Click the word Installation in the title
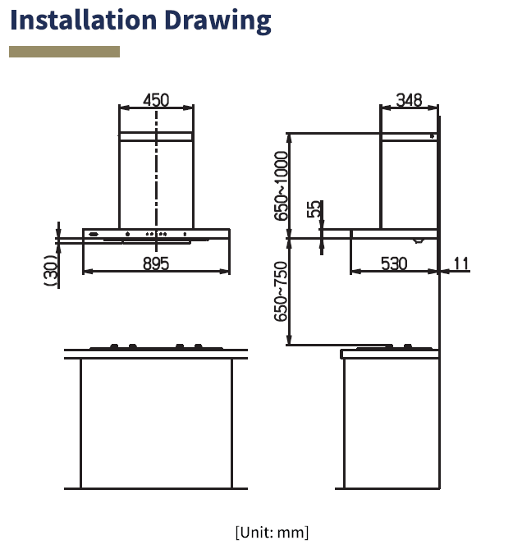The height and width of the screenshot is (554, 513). pyautogui.click(x=84, y=20)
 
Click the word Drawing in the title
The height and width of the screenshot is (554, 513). pyautogui.click(x=218, y=21)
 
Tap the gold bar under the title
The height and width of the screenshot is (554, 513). pyautogui.click(x=64, y=52)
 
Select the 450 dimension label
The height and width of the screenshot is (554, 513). pyautogui.click(x=156, y=100)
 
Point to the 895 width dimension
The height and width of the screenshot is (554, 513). pyautogui.click(x=156, y=263)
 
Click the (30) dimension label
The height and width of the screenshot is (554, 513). pyautogui.click(x=52, y=270)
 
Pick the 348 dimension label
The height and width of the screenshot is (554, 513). pyautogui.click(x=409, y=100)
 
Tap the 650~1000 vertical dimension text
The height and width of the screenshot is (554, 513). pyautogui.click(x=282, y=185)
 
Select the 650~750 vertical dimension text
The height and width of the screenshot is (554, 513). pyautogui.click(x=282, y=291)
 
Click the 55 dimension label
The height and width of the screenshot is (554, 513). pyautogui.click(x=314, y=208)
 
